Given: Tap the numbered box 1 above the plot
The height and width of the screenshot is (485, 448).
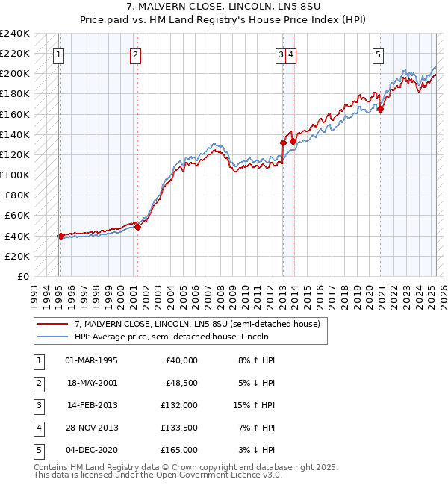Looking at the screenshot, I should point(58,54).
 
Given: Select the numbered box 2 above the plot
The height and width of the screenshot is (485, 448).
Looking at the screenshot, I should point(134,54).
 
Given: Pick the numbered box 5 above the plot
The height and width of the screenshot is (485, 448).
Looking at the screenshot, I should point(379,54).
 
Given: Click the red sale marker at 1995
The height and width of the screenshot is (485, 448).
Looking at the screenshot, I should point(60,236).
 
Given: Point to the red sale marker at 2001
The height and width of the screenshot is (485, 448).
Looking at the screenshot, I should point(137,228).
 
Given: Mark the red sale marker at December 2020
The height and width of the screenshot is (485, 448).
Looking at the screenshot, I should point(380,109).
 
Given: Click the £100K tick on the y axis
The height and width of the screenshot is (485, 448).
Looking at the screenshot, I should point(15,175).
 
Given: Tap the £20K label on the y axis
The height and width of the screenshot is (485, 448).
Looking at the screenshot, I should point(17,256).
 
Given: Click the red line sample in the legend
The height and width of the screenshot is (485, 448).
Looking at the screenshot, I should point(52,324).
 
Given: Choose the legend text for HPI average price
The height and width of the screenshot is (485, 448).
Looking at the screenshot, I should point(171,337).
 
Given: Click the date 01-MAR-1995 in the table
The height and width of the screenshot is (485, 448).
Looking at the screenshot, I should point(92,360).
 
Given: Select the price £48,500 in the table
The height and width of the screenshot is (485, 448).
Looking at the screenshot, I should point(180,383).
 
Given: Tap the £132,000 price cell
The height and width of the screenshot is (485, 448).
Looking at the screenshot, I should point(179,405).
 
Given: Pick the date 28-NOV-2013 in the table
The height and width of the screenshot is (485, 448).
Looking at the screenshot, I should point(93,428).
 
